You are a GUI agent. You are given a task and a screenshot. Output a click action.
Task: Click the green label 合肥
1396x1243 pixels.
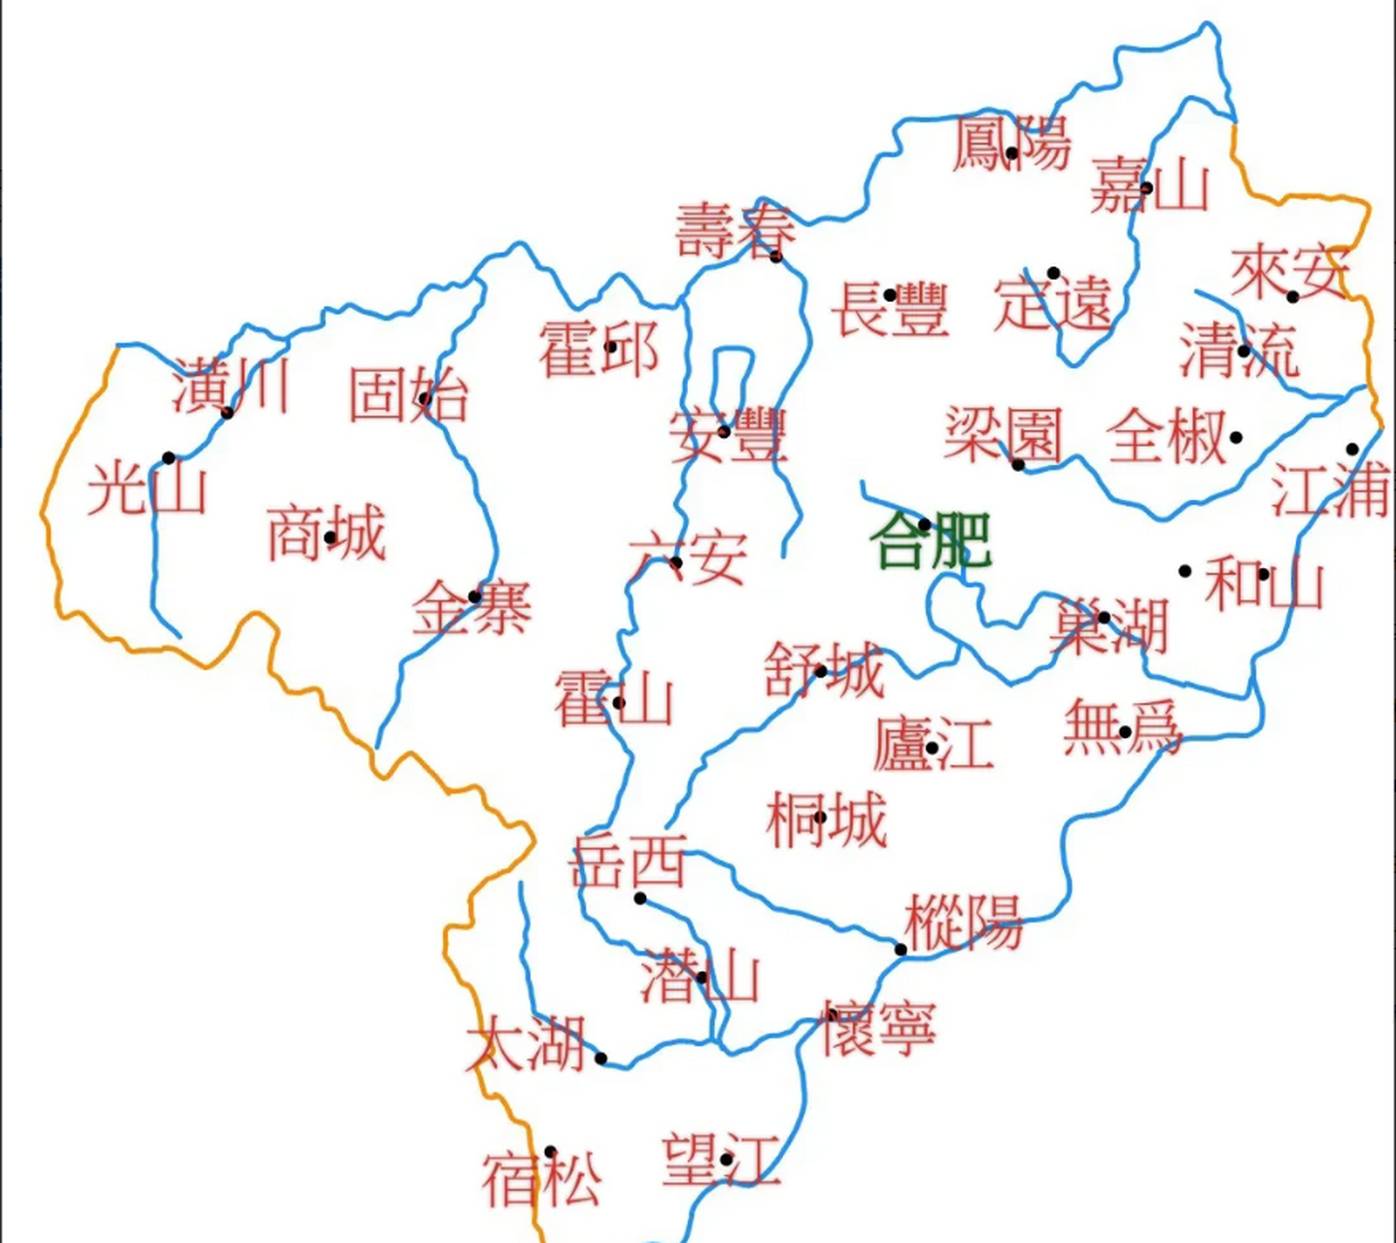[931, 540]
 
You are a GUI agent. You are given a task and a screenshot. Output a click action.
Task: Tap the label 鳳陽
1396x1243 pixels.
[1011, 144]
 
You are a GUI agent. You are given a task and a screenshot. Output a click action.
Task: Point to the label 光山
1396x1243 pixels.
[147, 487]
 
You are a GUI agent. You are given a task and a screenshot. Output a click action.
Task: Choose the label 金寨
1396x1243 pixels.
[472, 609]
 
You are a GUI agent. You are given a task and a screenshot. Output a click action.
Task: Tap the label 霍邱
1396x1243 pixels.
[598, 350]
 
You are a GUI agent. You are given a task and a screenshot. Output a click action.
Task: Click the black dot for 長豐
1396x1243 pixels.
[890, 295]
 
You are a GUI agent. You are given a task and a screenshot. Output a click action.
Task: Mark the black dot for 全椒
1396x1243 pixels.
[1236, 437]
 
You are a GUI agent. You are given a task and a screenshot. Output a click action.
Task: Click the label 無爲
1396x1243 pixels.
[1121, 727]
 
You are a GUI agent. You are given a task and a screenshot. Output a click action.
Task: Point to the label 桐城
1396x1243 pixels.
[827, 820]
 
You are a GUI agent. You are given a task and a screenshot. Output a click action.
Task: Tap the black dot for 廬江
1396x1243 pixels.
[932, 748]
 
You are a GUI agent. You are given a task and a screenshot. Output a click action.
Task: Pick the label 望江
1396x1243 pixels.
[721, 1159]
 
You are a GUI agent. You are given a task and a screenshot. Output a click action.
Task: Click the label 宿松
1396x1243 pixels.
[541, 1177]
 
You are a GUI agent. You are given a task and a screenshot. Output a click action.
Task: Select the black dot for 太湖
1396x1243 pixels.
[601, 1058]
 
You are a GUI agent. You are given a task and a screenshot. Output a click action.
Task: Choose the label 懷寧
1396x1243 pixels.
[878, 1028]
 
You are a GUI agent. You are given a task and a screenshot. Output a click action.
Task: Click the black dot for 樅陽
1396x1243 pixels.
[901, 950]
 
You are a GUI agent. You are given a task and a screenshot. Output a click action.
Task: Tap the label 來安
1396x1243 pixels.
[1290, 273]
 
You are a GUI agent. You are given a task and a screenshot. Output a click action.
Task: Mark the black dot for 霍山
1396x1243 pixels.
[619, 703]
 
